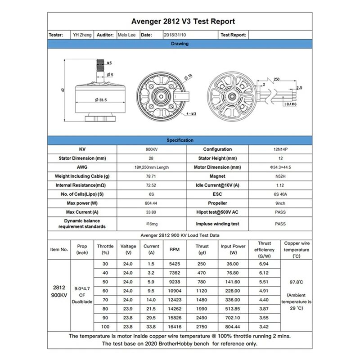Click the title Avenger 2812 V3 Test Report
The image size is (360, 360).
(x=183, y=21)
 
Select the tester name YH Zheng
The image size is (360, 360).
(x=82, y=35)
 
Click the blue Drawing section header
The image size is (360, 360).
(x=180, y=44)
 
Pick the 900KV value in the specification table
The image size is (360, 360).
(x=151, y=149)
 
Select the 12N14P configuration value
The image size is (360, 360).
(x=280, y=149)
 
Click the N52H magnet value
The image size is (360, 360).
(x=280, y=176)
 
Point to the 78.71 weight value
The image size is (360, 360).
(x=151, y=176)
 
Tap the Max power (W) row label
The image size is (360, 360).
(x=82, y=203)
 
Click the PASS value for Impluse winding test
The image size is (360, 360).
(x=280, y=224)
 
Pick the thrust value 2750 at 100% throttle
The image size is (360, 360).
(x=202, y=326)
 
